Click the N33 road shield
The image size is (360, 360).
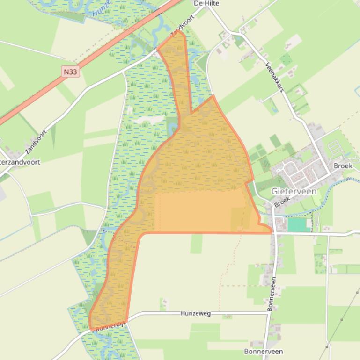coord(70,72)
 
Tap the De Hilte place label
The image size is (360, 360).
coord(206,3)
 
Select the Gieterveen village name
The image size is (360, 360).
coord(294,191)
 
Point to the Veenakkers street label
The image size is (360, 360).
coord(275,77)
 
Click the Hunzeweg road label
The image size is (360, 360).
coord(195,313)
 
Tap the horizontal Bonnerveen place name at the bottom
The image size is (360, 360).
coord(263,351)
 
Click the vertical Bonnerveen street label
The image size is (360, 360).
coord(271,294)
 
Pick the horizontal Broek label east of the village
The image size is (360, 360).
coord(343,166)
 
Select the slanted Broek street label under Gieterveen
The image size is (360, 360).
coord(282,202)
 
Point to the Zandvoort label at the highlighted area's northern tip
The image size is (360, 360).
coord(182,26)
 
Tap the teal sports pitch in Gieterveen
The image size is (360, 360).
coord(299,225)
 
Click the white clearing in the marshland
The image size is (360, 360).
coord(147,121)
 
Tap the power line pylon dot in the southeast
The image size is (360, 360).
coord(342,320)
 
